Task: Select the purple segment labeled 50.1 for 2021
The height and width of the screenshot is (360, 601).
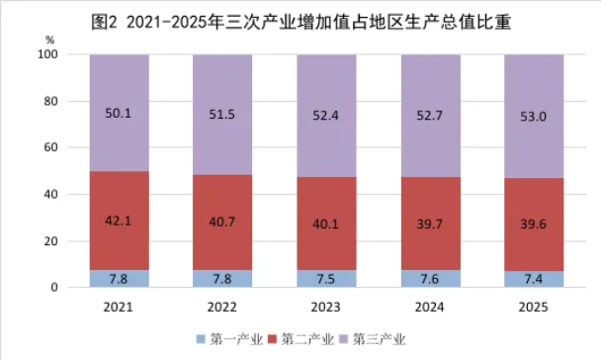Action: [119, 112]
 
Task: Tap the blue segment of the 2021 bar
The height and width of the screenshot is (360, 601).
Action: [119, 278]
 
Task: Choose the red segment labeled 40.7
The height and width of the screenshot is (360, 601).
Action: [221, 222]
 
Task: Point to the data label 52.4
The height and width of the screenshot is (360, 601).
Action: [326, 116]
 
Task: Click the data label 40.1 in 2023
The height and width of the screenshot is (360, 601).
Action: [326, 223]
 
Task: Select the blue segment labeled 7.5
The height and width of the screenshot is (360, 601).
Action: [326, 279]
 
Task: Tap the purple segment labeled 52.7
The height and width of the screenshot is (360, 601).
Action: [430, 116]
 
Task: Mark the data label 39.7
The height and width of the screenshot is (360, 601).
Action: [430, 223]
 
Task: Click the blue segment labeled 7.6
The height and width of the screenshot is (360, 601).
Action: [430, 279]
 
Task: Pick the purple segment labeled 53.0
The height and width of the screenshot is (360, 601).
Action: [534, 116]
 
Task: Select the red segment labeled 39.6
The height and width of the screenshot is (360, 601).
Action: [534, 223]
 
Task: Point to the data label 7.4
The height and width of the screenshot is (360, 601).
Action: [534, 279]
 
